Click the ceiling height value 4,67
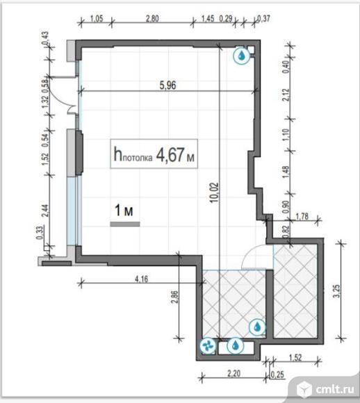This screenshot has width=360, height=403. click(x=170, y=155)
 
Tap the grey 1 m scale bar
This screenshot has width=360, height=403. click(x=125, y=224)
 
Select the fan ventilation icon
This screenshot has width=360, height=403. click(x=208, y=346)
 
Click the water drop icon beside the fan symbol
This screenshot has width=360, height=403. click(x=236, y=345)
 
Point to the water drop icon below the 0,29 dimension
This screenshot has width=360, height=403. click(x=241, y=56)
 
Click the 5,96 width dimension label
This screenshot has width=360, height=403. click(x=167, y=85)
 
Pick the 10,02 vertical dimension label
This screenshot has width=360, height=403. click(x=214, y=192)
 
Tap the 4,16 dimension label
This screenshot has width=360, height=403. click(x=142, y=279)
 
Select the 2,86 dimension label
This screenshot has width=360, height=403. click(x=175, y=297)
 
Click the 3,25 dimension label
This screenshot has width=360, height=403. click(x=336, y=291)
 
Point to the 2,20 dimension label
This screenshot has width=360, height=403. click(x=234, y=373)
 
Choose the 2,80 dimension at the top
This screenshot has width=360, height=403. click(x=152, y=19)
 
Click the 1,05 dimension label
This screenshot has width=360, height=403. click(x=97, y=19)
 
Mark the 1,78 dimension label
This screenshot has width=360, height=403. click(x=302, y=216)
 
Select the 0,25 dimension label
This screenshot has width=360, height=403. click(x=278, y=375)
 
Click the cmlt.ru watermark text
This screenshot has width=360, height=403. click(x=335, y=390)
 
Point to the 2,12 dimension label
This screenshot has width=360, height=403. click(x=286, y=94)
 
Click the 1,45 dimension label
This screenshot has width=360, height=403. click(x=208, y=19)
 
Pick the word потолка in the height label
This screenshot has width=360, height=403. click(x=138, y=158)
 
